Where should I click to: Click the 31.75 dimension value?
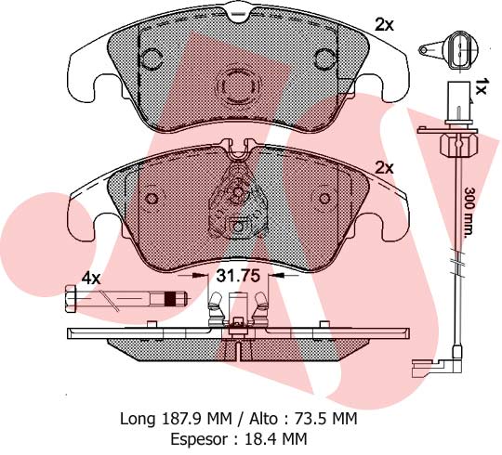coord(239,276)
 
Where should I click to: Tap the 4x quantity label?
coord(90,278)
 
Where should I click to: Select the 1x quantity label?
coord(481,88)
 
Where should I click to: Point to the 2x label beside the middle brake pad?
coord(385,167)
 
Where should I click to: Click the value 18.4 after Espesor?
coord(261,437)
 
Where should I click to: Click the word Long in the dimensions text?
coord(136,419)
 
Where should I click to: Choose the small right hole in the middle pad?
coord(324,198)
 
